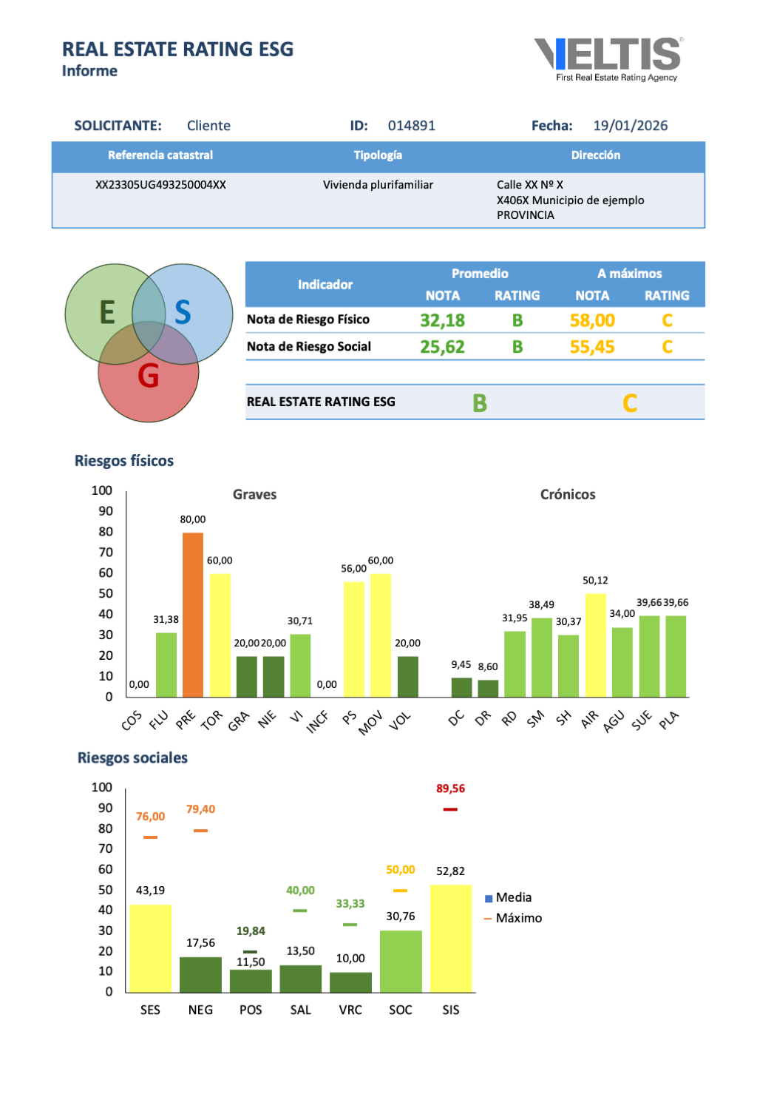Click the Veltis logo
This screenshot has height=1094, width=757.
coord(608,58)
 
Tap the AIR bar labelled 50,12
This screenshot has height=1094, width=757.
coord(595,644)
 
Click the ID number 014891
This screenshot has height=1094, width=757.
coord(412,126)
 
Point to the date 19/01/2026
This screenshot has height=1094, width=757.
coord(630,126)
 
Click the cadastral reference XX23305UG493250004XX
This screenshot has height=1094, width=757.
coord(160,185)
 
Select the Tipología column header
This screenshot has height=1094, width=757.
coord(378,155)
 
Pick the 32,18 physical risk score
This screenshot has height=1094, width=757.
coord(442,320)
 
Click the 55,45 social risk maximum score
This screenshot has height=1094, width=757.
coord(591,347)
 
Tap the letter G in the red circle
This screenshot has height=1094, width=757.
coord(149,376)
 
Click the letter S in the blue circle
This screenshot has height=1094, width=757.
coord(183,313)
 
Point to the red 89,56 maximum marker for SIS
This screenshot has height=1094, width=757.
coord(450,809)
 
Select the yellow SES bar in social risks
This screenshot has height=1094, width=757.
coord(150,948)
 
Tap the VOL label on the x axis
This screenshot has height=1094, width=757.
coord(400,720)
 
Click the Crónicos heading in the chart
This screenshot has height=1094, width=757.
coord(568,495)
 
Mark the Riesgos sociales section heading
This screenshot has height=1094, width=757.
coord(132,758)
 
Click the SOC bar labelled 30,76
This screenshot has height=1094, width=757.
coord(401,961)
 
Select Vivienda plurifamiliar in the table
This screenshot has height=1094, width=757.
coord(378,185)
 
